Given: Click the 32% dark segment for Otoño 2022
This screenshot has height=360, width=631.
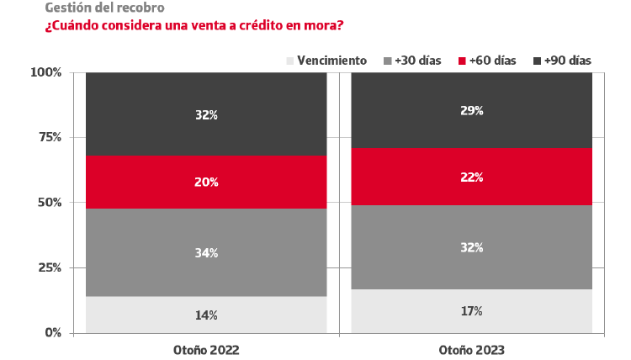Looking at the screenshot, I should tap(206, 114).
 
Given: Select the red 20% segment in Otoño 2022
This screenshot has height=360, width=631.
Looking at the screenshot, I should tap(206, 182).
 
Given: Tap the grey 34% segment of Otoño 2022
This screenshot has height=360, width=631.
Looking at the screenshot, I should tap(206, 252).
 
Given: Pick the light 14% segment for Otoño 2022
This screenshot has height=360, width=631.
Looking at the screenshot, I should tap(206, 315).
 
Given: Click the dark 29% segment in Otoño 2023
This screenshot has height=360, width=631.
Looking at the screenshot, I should tap(471, 109).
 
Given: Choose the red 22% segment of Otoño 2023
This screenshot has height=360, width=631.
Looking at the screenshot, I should tap(471, 177).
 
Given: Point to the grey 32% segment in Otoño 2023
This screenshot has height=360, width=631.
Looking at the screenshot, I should tap(471, 247).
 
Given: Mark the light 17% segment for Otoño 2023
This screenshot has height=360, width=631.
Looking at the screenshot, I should tap(471, 311).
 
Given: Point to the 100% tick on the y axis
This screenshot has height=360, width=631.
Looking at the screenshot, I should tap(46, 72).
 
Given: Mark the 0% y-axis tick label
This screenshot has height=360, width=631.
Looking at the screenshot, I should tap(52, 333).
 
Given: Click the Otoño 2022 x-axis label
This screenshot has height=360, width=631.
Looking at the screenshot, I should tap(206, 349).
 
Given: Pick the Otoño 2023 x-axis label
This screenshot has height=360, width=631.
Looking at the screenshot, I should tap(471, 349).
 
